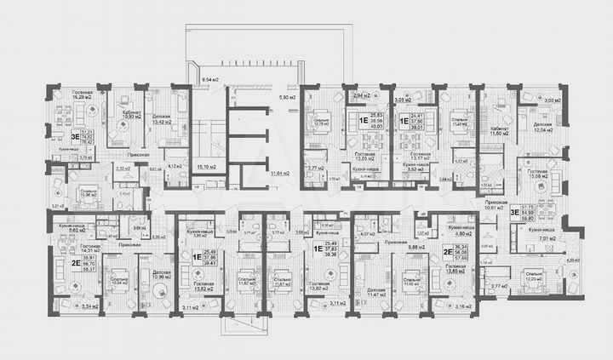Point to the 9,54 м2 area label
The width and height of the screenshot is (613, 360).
(210, 79)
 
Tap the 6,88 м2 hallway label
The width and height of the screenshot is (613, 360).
(416, 247)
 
